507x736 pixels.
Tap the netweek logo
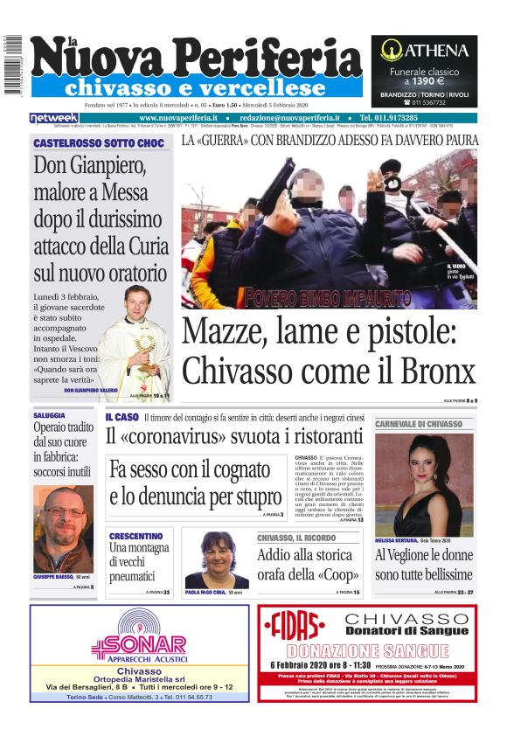(53, 118)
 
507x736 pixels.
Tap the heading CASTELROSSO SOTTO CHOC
(99, 142)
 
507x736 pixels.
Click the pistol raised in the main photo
(278, 182)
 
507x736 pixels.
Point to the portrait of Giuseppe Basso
(63, 529)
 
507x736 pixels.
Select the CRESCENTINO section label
(135, 536)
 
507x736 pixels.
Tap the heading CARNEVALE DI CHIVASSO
(419, 424)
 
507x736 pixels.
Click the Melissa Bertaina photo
(423, 484)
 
